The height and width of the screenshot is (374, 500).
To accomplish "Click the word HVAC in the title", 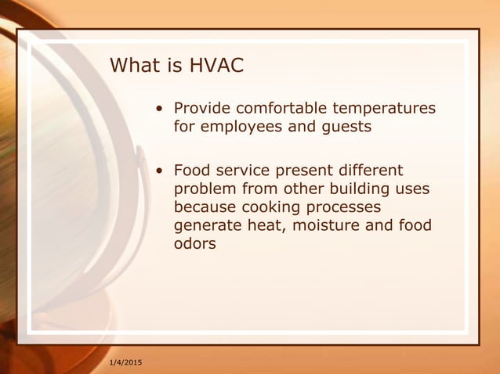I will tap(216, 65).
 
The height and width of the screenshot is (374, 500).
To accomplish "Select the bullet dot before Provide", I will tap(160, 108).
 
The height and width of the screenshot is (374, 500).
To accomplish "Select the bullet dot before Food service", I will tap(160, 171).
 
